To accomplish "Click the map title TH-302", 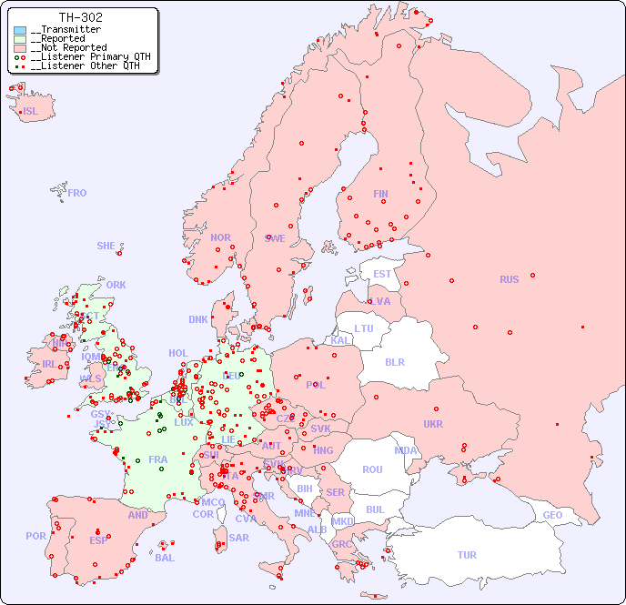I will pos(80,17).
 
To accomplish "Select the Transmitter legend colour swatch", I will pos(20,30).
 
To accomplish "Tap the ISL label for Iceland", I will pos(31,112).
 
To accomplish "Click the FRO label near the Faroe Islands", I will pos(77,193).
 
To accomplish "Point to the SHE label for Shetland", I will pos(106,246).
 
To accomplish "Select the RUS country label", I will pos(509,279).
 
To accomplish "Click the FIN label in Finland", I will pos(380,194).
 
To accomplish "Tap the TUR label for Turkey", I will pos(467,555).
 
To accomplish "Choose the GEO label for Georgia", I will pos(552,515).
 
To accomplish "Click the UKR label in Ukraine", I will pos(433,424).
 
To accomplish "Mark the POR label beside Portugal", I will pos(35,536).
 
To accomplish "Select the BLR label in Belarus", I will pos(394,361).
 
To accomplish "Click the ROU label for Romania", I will pos(372,469).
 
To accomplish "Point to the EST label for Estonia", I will pos(382,274).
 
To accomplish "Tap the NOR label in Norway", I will pos(220,237).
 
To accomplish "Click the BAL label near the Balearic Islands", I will pos(165,558).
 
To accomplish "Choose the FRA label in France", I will pos(158,459).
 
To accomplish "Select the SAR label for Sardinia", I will pos(239,538).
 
